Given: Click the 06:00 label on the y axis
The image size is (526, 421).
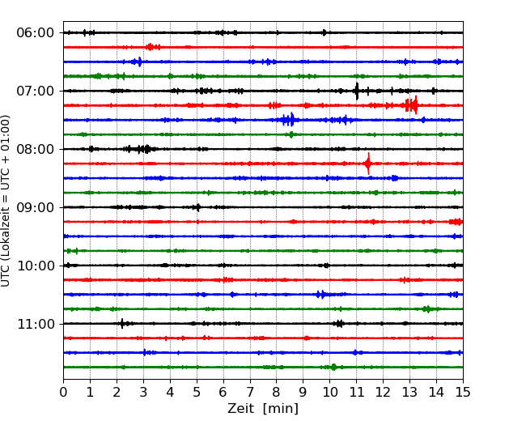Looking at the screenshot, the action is (36, 33).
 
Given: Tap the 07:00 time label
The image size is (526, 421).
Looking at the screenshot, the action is (36, 91).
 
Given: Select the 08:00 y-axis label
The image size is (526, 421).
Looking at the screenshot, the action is (36, 150).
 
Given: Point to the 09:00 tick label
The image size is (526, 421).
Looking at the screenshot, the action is (36, 207).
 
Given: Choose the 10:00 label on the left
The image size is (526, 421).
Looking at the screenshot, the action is (36, 266).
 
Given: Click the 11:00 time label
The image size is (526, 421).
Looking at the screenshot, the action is (36, 325).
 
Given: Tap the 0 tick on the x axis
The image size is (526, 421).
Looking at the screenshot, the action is (63, 392).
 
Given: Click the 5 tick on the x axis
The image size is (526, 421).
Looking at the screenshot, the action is (197, 392).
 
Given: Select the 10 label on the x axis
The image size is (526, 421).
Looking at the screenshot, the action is (329, 392).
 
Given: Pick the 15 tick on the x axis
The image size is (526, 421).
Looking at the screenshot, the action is (463, 392).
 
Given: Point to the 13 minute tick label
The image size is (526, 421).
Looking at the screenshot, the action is (409, 392).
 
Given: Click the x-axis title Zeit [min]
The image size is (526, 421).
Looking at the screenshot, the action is (263, 409).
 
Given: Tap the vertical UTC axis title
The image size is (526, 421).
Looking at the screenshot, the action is (6, 201).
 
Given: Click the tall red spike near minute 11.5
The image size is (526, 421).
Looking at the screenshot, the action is (368, 164).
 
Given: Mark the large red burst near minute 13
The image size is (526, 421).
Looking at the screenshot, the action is (411, 105).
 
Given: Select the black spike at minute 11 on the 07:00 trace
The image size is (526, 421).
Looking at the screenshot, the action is (357, 91).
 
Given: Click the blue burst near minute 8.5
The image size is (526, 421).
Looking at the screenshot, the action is (289, 120).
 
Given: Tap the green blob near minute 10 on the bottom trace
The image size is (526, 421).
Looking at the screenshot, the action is (333, 367).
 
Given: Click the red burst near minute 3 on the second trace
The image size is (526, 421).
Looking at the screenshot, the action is (152, 47).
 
